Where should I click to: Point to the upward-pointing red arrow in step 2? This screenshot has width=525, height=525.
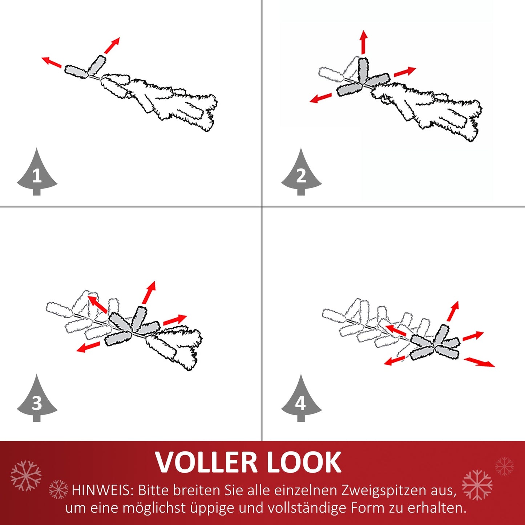363,42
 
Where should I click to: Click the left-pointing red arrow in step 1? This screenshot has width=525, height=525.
52,62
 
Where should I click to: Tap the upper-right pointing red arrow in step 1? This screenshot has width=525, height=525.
112,45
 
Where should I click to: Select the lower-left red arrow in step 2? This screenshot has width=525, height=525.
321,98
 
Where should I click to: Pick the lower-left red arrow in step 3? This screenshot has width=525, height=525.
88,347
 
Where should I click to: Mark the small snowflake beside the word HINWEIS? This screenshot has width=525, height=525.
58,490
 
